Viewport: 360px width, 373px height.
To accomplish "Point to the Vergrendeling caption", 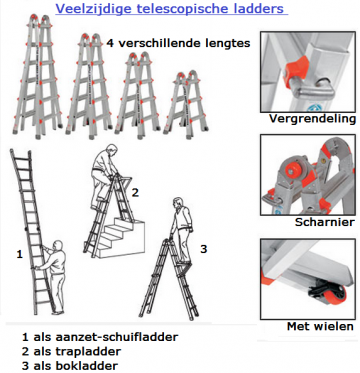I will (x=311, y=119).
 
